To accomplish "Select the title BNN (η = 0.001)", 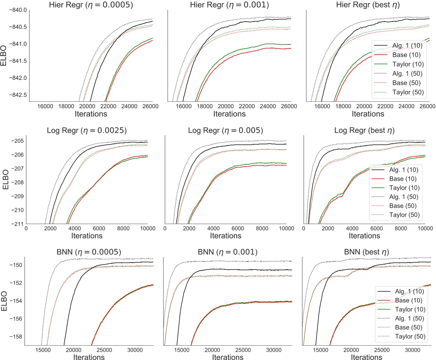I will click(x=227, y=252).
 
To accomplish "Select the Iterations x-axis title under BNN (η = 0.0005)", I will click(x=89, y=357).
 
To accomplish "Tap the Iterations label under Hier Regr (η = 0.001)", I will click(x=229, y=114).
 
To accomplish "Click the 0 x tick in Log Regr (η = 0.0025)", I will click(x=26, y=228).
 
